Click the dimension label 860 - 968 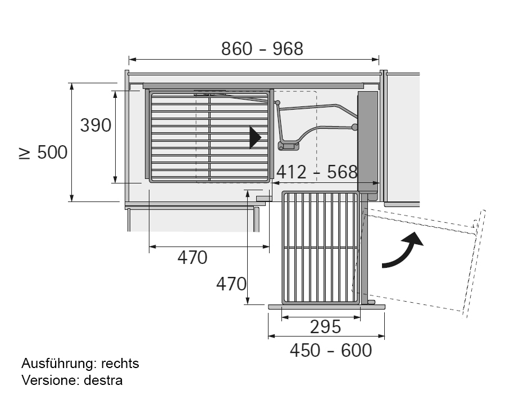pyautogui.click(x=262, y=49)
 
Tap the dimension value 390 pyautogui.click(x=95, y=125)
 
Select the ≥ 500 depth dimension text pyautogui.click(x=43, y=153)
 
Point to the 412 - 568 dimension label pyautogui.click(x=317, y=172)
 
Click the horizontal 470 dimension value pyautogui.click(x=193, y=257)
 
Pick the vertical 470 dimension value pyautogui.click(x=231, y=283)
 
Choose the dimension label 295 pyautogui.click(x=325, y=326)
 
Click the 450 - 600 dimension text pyautogui.click(x=330, y=350)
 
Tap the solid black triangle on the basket pyautogui.click(x=256, y=137)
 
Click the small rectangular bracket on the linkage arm pyautogui.click(x=289, y=147)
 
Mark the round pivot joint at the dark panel pyautogui.click(x=354, y=127)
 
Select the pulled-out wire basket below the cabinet pyautogui.click(x=321, y=248)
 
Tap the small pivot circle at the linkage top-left pyautogui.click(x=277, y=102)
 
